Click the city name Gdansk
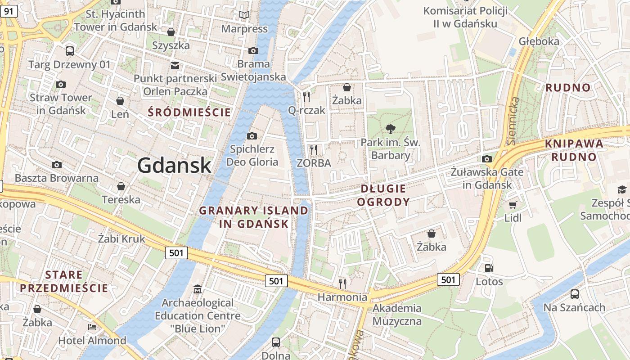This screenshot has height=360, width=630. (174, 165)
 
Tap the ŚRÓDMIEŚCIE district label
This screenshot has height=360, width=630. (189, 112)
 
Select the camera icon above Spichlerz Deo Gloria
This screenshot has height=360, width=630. (252, 136)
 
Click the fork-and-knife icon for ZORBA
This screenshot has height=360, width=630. (314, 149)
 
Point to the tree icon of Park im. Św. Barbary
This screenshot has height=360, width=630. (391, 130)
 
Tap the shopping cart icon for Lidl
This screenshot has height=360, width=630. (513, 205)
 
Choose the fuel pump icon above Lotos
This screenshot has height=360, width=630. (489, 268)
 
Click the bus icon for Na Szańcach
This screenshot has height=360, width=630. (574, 294)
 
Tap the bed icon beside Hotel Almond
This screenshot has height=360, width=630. (92, 327)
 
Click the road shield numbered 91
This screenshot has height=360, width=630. (9, 11)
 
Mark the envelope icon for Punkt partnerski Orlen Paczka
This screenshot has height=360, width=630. (175, 66)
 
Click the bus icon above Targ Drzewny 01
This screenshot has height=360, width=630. (69, 51)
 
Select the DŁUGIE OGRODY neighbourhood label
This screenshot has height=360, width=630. (383, 195)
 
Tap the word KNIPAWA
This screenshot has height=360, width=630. (574, 144)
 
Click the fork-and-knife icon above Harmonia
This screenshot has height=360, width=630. (342, 283)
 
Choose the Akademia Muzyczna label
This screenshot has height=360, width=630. (397, 315)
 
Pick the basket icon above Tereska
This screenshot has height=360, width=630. (121, 186)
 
